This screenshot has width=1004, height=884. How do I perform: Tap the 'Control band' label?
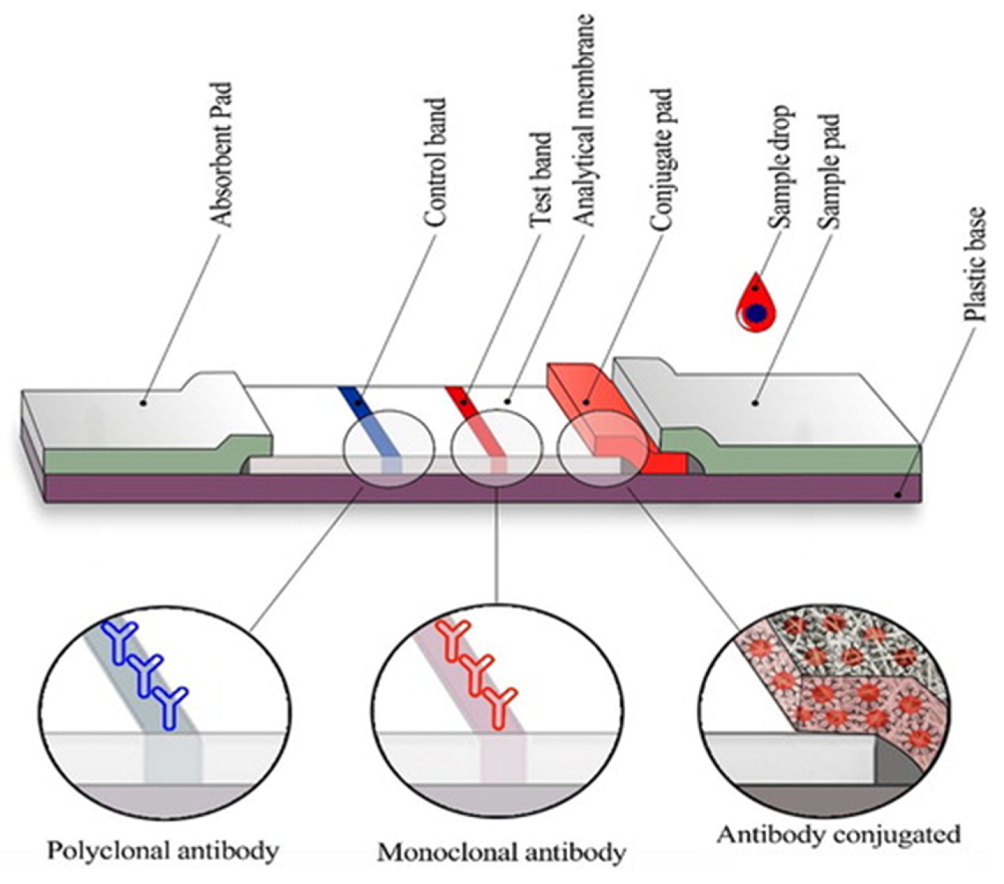pyautogui.click(x=435, y=162)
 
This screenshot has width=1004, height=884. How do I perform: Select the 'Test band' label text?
pyautogui.click(x=541, y=179)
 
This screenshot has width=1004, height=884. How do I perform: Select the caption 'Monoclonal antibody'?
pyautogui.click(x=501, y=853)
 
